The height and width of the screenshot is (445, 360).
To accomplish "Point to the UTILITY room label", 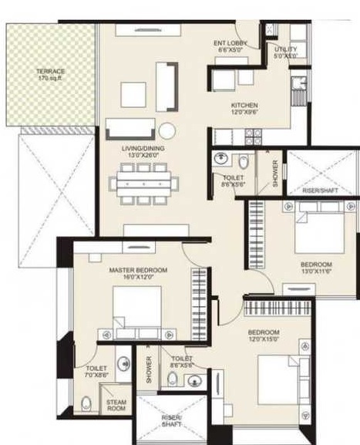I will pos(285,49).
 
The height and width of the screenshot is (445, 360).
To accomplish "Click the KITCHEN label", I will pos(244,105).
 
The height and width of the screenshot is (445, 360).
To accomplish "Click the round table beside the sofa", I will pos(167,130).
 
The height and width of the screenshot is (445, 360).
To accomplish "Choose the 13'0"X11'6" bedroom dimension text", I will pos(316,271).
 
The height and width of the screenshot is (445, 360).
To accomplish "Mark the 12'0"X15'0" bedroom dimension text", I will pos(264,339).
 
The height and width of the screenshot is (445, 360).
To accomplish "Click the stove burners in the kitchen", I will pos(253,137).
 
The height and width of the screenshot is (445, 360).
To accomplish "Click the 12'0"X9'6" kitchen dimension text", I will pos(244,113).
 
